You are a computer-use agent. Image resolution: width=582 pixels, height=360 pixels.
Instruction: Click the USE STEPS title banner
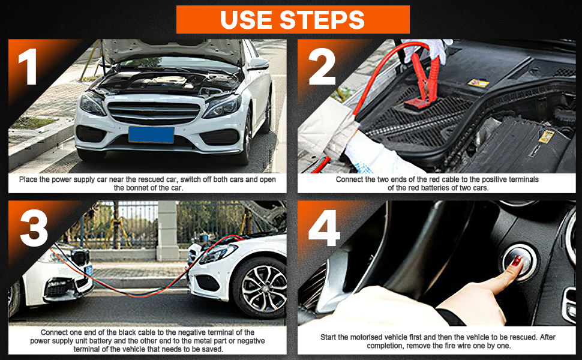(x=293, y=19)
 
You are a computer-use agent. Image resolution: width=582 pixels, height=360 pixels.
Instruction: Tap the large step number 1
(x=28, y=67)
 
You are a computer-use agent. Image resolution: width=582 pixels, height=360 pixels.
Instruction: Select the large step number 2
(x=322, y=67)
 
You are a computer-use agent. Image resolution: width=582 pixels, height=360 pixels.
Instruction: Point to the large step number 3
(x=34, y=228)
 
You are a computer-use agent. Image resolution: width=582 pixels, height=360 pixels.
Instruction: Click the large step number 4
(x=324, y=228)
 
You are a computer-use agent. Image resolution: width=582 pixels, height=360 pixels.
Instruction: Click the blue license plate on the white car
(x=151, y=134)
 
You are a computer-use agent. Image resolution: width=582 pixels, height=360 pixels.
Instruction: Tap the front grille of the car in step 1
(x=154, y=113)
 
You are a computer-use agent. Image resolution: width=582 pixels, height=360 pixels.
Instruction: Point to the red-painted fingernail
(x=517, y=261)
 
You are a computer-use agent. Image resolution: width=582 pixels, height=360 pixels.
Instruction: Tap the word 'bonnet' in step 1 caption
(x=127, y=188)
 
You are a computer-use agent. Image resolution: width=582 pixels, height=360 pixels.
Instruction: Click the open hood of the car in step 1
(x=173, y=50)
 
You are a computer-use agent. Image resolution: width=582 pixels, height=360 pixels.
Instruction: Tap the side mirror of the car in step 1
(x=259, y=64)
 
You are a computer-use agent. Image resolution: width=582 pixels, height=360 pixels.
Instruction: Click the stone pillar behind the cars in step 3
(x=167, y=231)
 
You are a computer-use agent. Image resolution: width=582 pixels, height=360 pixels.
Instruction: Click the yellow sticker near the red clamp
(x=478, y=83)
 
